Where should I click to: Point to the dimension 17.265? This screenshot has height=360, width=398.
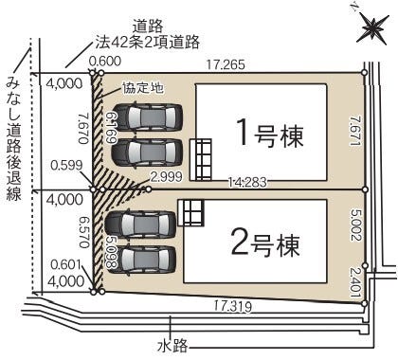[x=226, y=65]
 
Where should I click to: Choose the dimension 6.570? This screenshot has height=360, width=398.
[x=82, y=229]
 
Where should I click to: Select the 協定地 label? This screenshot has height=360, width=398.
[x=142, y=87]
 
